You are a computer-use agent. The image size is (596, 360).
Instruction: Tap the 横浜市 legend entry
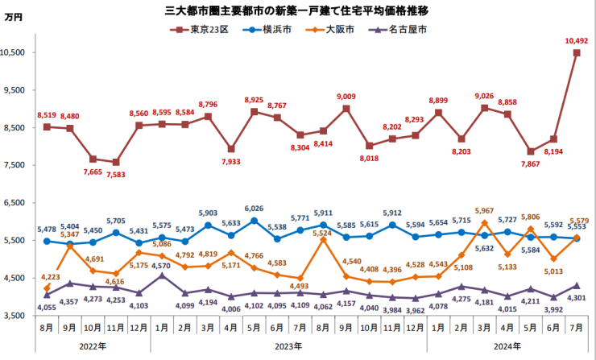(271, 29)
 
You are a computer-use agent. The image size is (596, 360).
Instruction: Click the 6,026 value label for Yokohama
(254, 210)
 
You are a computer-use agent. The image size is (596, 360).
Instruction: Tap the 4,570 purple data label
(162, 265)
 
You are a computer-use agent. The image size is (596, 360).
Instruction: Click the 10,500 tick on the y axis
(15, 52)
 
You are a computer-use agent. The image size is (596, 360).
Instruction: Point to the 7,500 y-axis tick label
(18, 165)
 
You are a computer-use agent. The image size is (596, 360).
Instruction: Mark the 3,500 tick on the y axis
(18, 316)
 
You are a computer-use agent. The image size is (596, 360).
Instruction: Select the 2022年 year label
(92, 347)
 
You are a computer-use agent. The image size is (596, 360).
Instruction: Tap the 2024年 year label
(507, 347)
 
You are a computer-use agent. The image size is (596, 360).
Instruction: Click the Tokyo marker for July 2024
(577, 53)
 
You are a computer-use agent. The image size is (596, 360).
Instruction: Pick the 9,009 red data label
(346, 97)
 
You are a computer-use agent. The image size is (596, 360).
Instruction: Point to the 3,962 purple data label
(416, 309)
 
